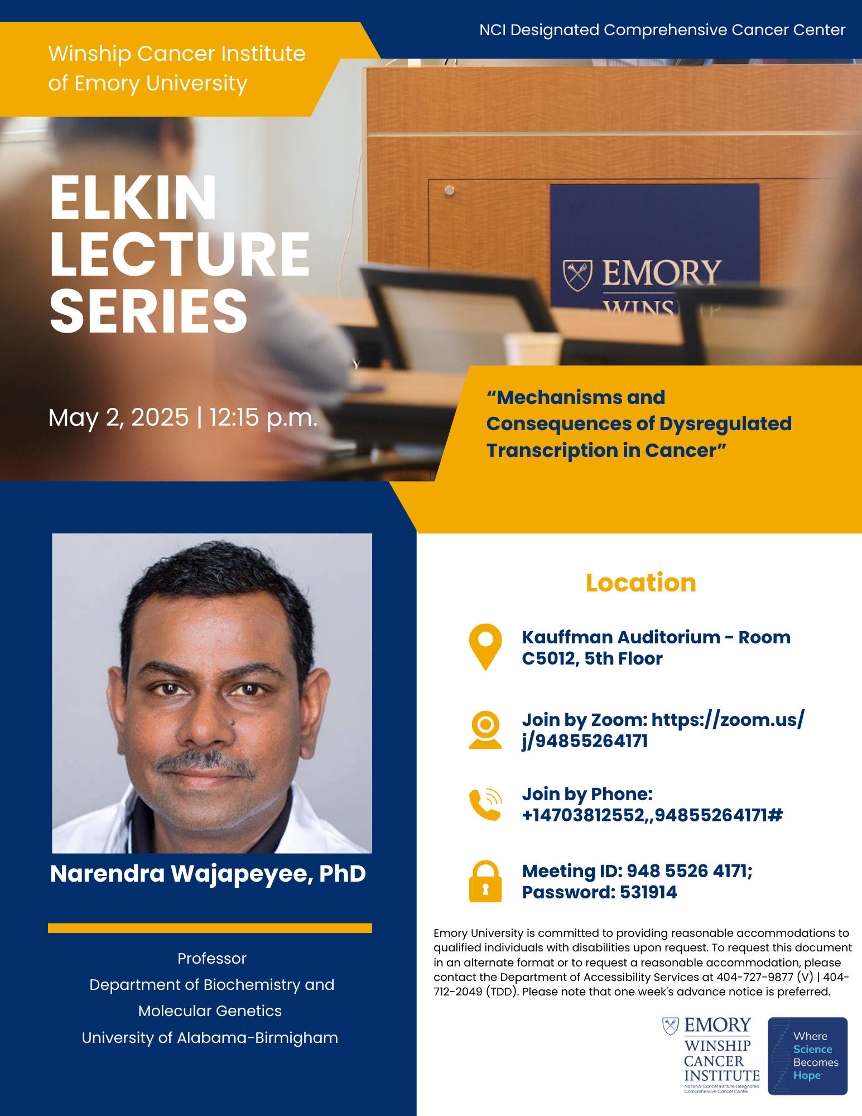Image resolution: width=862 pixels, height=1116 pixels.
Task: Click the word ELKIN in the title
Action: point(133,198)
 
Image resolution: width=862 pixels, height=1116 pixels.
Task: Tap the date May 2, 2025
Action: point(118,417)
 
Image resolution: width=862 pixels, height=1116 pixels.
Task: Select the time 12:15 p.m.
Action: point(264,417)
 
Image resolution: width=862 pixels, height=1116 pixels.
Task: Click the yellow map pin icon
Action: point(485,647)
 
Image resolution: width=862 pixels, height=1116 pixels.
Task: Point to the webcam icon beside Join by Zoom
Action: point(485,729)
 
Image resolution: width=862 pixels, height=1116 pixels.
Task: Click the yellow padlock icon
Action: point(485,881)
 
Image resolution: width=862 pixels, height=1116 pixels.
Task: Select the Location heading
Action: point(641,583)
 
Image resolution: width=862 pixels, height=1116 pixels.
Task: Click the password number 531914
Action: point(648,892)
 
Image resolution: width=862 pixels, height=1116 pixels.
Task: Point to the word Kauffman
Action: point(565,637)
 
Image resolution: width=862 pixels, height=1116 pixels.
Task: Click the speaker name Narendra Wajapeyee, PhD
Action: point(208,874)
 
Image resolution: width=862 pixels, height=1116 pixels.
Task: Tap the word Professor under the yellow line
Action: point(212,958)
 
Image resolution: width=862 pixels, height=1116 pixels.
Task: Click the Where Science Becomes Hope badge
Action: point(808,1056)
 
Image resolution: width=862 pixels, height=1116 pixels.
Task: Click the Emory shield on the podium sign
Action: point(577,275)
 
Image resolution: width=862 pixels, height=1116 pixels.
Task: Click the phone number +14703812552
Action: point(583,815)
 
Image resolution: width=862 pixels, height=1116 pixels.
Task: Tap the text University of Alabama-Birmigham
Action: point(210,1037)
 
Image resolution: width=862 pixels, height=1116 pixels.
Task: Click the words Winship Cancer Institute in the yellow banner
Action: point(177,54)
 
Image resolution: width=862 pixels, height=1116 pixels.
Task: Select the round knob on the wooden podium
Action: point(449,191)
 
